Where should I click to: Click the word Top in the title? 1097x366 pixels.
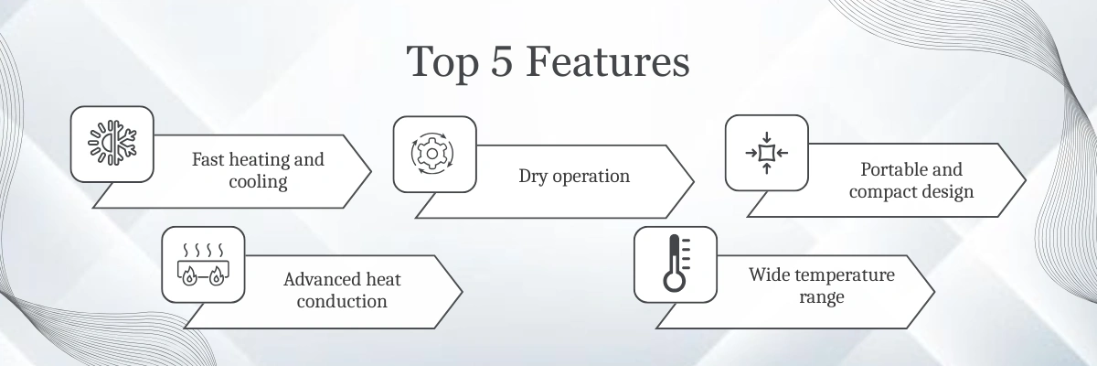pos(442,62)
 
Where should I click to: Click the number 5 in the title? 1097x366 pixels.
pos(502,61)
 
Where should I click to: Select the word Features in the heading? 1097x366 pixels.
pos(608,61)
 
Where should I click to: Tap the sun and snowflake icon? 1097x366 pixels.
pos(112,143)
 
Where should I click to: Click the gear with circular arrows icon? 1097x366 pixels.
pos(431,154)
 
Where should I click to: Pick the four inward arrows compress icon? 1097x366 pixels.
pos(767,153)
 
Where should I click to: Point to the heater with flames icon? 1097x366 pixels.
pos(203,264)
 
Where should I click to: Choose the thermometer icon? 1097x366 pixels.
pos(676,264)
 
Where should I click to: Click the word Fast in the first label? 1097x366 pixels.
pos(208,160)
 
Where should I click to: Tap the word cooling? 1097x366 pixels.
pos(258,182)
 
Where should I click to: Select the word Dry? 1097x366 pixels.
pos(533,177)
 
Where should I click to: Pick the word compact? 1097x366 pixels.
pos(879,191)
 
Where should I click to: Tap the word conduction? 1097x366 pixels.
pos(342,301)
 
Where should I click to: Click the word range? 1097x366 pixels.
pos(822,296)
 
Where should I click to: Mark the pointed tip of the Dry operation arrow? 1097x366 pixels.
pos(694,182)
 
